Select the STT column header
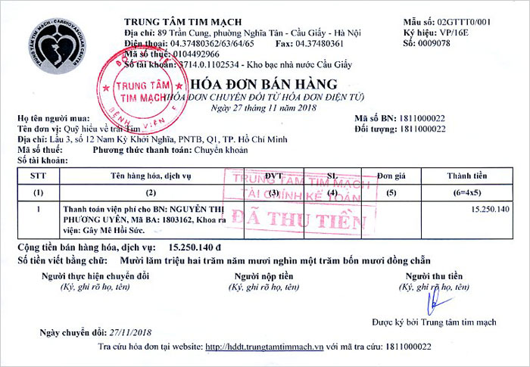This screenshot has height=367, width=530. pos(39,176)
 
